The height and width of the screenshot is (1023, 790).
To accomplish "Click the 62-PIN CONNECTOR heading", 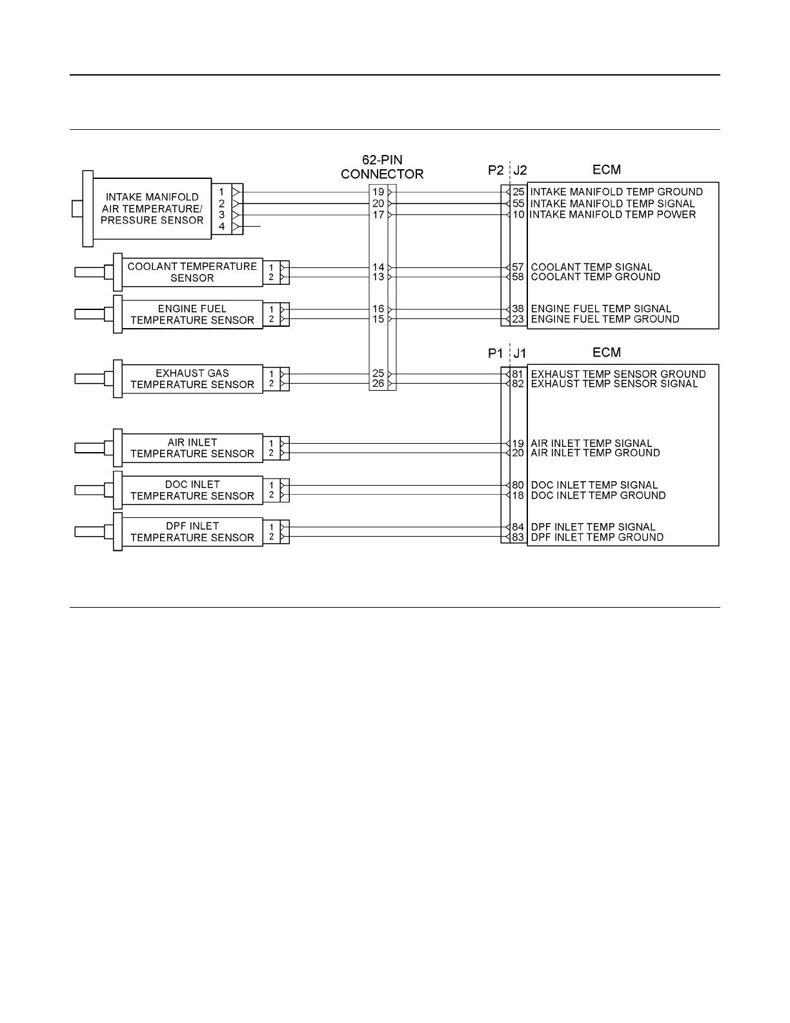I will tap(382, 167).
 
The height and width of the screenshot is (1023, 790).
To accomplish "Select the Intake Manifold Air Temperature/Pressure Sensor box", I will tap(152, 209).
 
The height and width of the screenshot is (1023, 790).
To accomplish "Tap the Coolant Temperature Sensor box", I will tap(192, 272).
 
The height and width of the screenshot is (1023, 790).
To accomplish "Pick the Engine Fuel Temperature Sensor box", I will tap(192, 315).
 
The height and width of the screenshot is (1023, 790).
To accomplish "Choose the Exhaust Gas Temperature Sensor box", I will tap(192, 379).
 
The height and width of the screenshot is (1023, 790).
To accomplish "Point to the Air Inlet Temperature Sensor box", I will tap(192, 448).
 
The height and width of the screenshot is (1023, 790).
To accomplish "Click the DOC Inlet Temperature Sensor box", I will tap(192, 490).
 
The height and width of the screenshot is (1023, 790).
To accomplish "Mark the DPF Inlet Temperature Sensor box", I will tap(192, 532).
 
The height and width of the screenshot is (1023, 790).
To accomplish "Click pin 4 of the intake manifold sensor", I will tap(221, 227).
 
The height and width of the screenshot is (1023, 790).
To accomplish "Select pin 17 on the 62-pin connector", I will tap(378, 215).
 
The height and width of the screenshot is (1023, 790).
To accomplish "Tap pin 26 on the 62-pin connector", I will tap(378, 384).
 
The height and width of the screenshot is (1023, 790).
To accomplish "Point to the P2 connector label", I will tap(496, 170).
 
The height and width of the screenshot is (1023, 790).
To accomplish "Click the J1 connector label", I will tap(520, 353).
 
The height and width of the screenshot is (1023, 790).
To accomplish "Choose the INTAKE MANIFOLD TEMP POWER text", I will tap(613, 214).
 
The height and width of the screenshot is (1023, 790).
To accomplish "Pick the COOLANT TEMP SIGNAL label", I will tap(591, 267).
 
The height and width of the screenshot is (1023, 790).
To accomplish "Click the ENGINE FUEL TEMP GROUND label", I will tap(605, 319).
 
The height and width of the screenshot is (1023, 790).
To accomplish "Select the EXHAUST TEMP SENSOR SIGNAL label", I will tap(614, 384).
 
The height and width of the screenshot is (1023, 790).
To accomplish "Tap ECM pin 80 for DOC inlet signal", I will tap(518, 485).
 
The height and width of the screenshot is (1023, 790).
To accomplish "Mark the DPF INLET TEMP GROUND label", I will tap(596, 537).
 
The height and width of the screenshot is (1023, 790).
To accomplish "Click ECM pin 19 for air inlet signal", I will tap(518, 444).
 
